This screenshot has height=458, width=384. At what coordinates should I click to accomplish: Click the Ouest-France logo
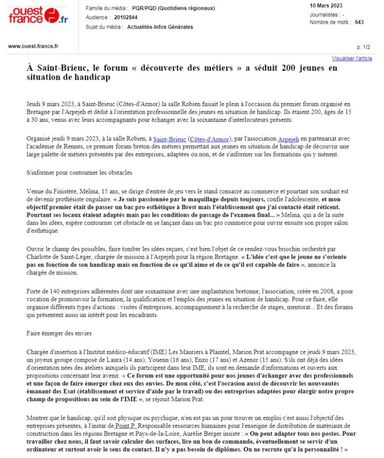(x=38, y=16)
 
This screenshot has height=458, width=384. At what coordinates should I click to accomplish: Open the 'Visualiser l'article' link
(x=351, y=59)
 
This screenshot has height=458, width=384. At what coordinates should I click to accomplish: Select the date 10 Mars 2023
(x=326, y=5)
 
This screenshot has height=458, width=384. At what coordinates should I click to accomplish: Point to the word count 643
(x=359, y=22)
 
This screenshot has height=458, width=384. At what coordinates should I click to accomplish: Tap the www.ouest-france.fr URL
(x=33, y=46)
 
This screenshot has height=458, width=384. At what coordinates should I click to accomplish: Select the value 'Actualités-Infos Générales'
(x=160, y=27)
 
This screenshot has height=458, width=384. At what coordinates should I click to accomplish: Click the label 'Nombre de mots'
(x=330, y=22)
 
